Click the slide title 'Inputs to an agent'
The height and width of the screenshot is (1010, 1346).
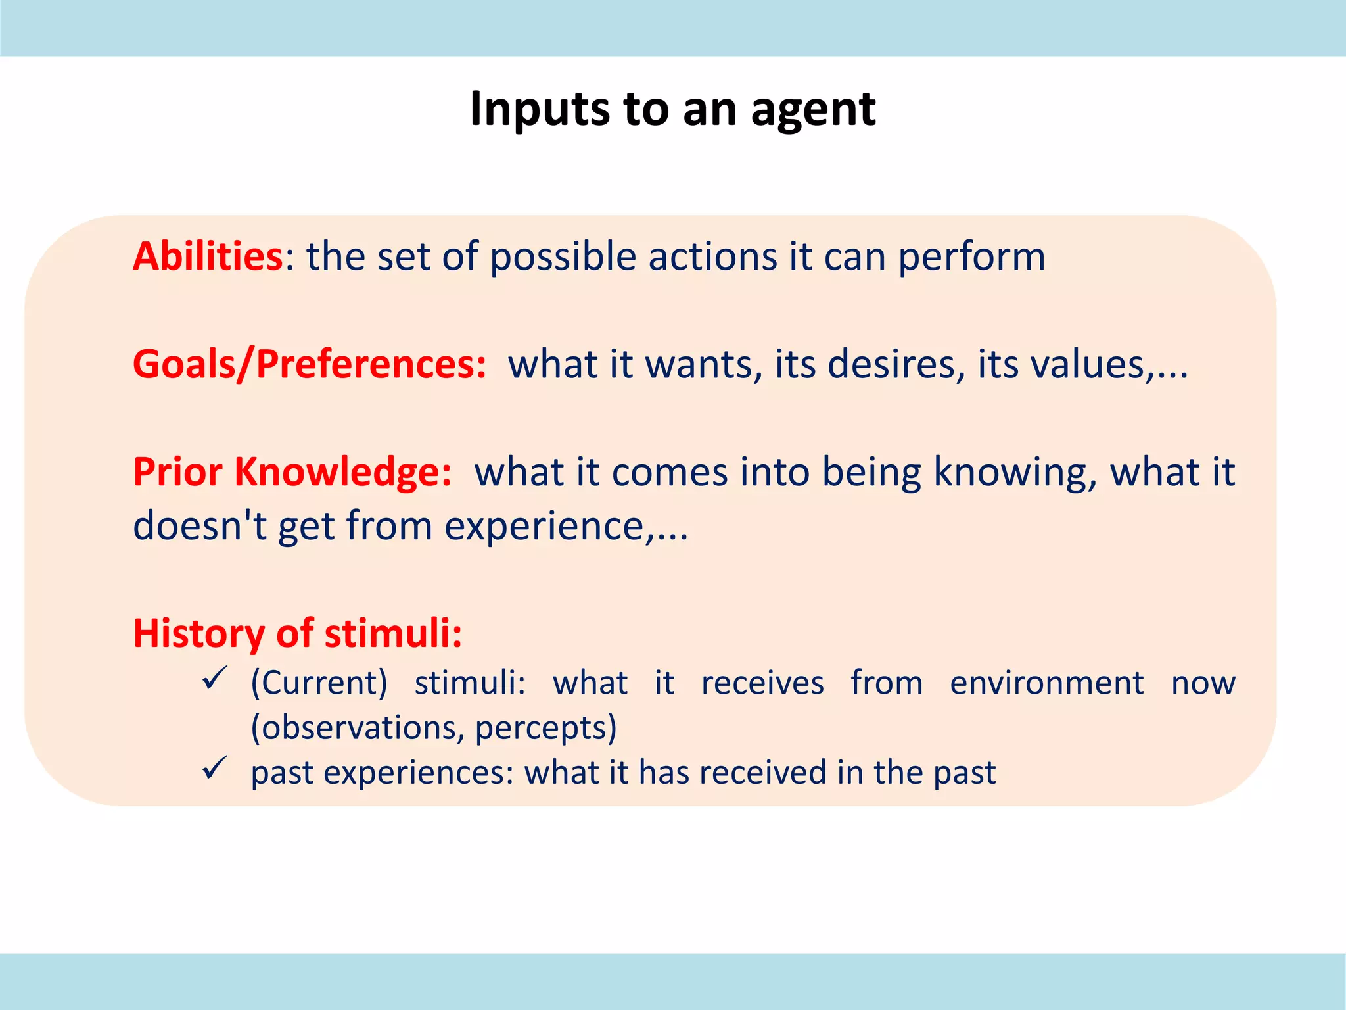pyautogui.click(x=672, y=109)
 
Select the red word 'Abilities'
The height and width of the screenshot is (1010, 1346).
pyautogui.click(x=208, y=256)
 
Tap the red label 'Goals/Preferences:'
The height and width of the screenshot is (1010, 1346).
pyautogui.click(x=310, y=364)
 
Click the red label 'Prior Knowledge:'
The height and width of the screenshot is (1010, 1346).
pyautogui.click(x=292, y=472)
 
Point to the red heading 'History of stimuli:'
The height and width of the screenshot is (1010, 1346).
pyautogui.click(x=298, y=634)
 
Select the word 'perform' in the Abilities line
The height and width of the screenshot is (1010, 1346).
pyautogui.click(x=971, y=258)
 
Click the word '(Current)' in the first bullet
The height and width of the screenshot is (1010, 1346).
pyautogui.click(x=319, y=683)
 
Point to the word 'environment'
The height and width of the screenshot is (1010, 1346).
pyautogui.click(x=1046, y=683)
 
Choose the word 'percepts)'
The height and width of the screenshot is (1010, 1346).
pyautogui.click(x=545, y=728)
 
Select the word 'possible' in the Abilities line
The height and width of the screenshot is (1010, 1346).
pyautogui.click(x=563, y=258)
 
